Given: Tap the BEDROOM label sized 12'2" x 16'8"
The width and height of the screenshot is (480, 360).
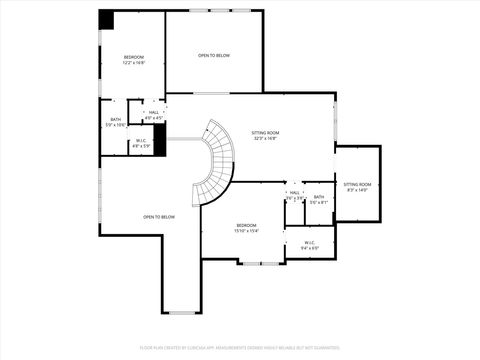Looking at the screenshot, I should click(134, 58).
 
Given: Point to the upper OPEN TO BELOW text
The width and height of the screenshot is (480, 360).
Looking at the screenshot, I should click(213, 55).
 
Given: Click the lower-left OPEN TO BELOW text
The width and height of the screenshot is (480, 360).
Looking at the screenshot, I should click(159, 217).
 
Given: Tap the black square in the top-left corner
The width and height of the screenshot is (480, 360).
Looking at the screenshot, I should click(106, 20).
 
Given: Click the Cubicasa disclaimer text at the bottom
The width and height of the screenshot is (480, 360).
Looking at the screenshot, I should click(239, 349).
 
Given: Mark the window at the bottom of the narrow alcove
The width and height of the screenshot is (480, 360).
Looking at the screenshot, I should click(182, 312).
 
